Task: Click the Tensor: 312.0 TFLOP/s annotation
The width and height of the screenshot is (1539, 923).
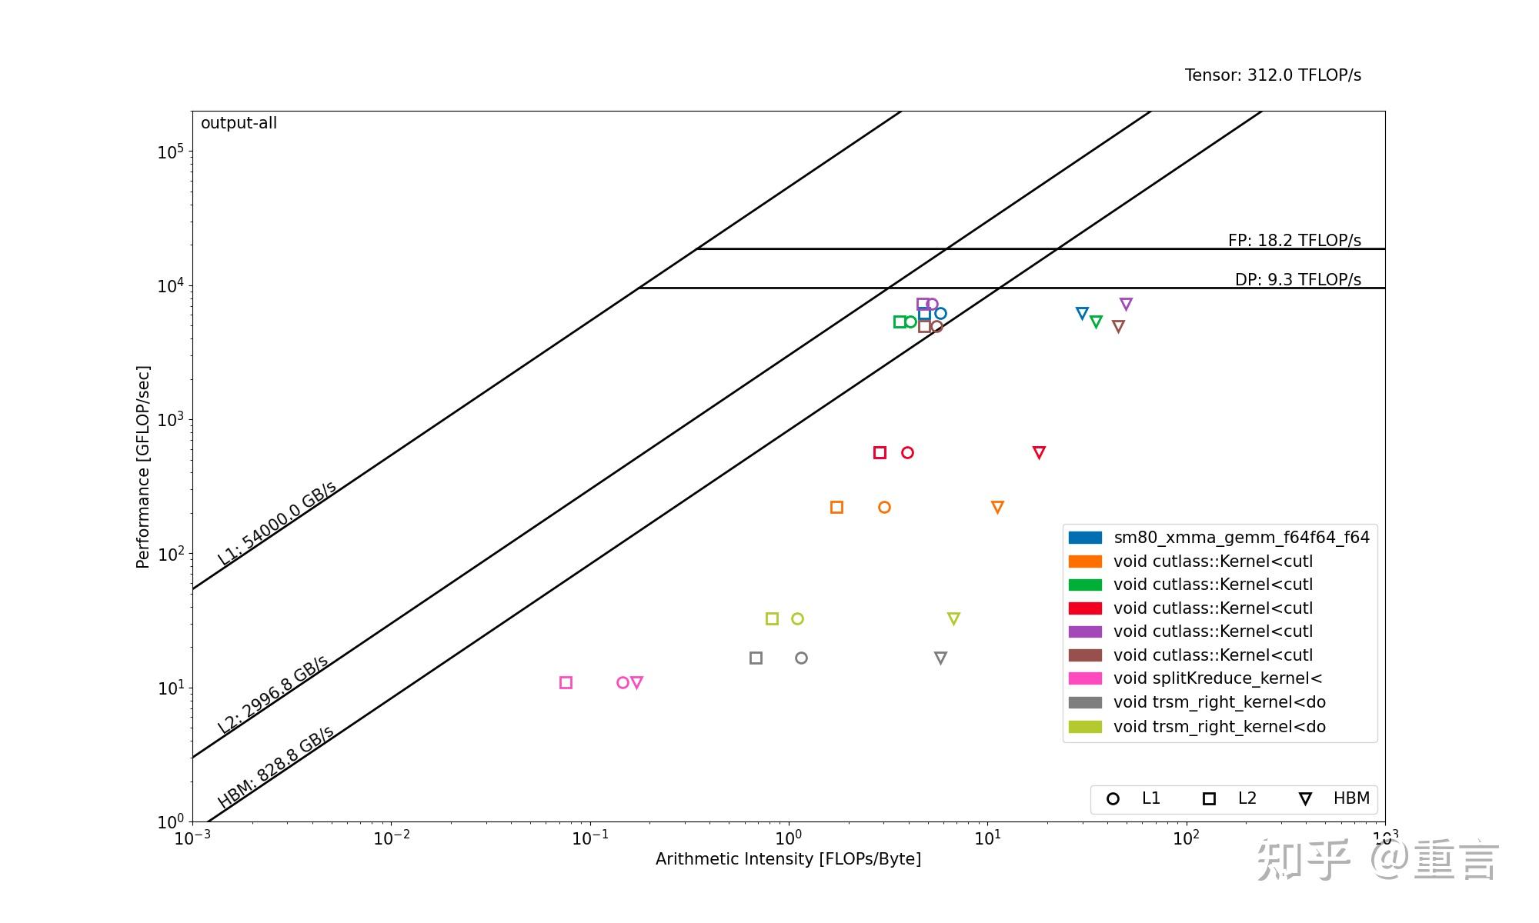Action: pyautogui.click(x=1272, y=75)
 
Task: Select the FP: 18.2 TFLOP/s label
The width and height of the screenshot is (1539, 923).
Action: pyautogui.click(x=1294, y=241)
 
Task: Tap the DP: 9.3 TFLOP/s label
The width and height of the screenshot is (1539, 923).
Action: pyautogui.click(x=1297, y=280)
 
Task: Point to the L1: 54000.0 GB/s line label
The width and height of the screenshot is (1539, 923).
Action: pyautogui.click(x=276, y=524)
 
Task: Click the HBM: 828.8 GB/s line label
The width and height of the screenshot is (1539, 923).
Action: pyautogui.click(x=275, y=767)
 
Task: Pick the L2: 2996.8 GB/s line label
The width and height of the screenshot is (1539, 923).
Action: pyautogui.click(x=272, y=695)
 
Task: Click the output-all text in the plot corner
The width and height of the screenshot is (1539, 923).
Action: pyautogui.click(x=239, y=123)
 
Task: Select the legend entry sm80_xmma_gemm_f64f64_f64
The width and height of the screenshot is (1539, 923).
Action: pyautogui.click(x=1240, y=538)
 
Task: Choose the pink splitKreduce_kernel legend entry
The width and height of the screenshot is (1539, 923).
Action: pyautogui.click(x=1217, y=678)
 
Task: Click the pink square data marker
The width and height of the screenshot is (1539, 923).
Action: pyautogui.click(x=566, y=682)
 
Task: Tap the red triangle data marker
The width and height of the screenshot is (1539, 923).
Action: pyautogui.click(x=1039, y=452)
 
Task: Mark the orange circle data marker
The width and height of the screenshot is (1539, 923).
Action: pyautogui.click(x=884, y=507)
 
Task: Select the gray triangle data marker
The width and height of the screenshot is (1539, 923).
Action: pyautogui.click(x=940, y=658)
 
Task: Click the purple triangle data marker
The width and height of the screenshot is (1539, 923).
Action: pyautogui.click(x=1126, y=305)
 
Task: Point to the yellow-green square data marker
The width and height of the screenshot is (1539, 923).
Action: pyautogui.click(x=772, y=618)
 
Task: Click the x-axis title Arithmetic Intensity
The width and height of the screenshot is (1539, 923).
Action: pyautogui.click(x=788, y=859)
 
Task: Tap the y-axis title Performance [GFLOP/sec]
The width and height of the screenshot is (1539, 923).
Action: pyautogui.click(x=142, y=467)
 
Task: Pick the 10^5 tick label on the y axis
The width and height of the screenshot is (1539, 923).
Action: pyautogui.click(x=170, y=152)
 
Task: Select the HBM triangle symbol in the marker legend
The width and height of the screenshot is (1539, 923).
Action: pyautogui.click(x=1305, y=799)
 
